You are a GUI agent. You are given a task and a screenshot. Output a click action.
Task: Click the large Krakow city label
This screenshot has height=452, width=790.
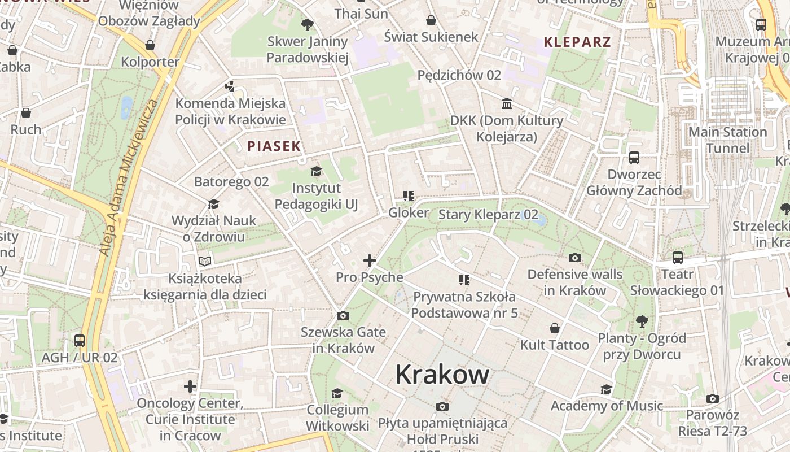click(442, 374)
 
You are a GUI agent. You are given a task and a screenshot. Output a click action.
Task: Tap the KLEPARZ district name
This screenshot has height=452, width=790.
click(577, 42)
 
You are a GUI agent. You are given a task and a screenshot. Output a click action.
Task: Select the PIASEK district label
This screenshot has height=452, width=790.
click(274, 146)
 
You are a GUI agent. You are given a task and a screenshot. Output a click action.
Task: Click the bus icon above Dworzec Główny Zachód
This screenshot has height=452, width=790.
click(634, 158)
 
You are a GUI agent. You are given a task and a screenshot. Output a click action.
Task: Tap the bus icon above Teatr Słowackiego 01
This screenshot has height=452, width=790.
click(678, 258)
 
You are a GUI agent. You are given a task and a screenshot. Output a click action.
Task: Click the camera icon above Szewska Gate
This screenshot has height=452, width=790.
click(343, 315)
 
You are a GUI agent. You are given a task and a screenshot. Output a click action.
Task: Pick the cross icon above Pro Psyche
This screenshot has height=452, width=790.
click(370, 260)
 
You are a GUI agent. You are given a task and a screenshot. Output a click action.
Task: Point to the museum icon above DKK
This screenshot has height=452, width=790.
click(507, 104)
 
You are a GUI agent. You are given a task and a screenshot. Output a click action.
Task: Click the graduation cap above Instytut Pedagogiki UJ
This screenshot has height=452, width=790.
click(316, 171)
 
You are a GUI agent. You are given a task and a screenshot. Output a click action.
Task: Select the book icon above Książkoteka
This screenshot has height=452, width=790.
click(204, 261)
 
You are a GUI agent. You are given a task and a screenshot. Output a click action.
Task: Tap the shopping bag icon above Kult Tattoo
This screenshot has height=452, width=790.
click(555, 328)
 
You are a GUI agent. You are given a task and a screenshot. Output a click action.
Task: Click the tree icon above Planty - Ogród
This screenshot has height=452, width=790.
click(642, 321)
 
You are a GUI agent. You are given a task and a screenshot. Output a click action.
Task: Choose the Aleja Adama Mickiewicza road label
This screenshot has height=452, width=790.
click(129, 178)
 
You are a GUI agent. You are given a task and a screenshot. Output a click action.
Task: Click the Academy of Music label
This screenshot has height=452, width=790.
click(607, 406)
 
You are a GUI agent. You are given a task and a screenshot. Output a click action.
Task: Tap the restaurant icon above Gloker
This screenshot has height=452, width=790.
click(409, 196)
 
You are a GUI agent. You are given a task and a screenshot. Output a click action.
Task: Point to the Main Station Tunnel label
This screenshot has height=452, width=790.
click(728, 140)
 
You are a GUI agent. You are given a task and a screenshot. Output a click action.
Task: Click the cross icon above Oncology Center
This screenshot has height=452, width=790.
click(190, 386)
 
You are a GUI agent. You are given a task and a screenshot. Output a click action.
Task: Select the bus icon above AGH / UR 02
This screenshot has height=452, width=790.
click(80, 341)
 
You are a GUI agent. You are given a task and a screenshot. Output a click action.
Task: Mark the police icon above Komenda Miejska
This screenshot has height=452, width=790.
click(230, 86)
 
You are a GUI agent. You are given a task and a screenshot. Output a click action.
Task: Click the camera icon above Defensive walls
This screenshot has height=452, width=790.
click(575, 258)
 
